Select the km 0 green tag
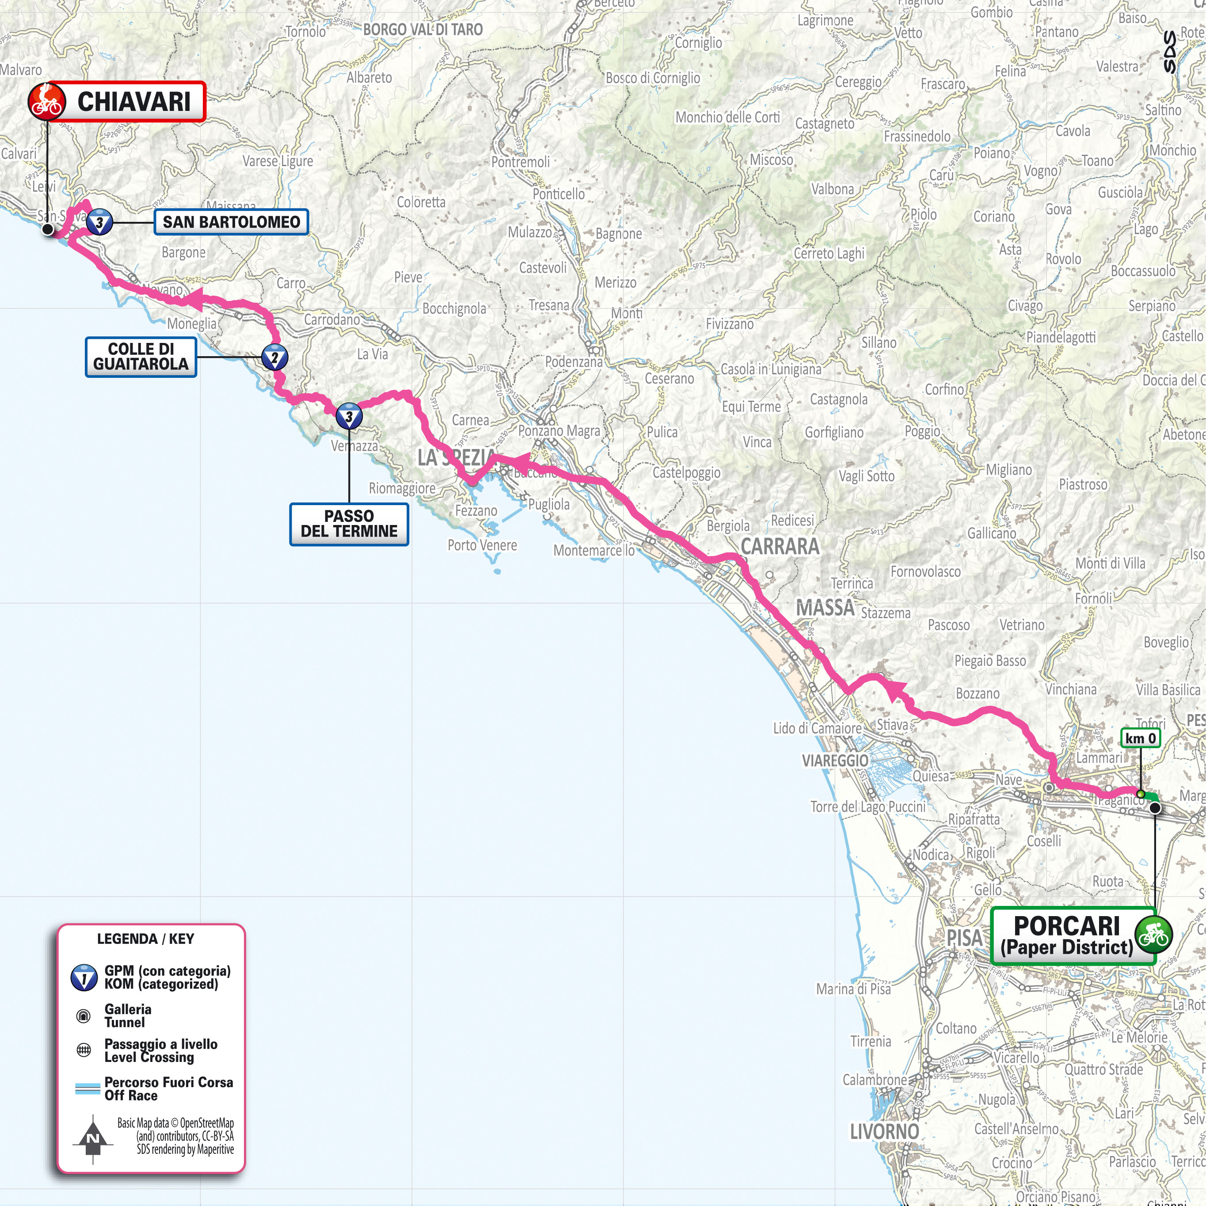point(1140,738)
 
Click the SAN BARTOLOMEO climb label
point(231,221)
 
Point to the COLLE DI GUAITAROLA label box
point(141,357)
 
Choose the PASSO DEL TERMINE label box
point(349,524)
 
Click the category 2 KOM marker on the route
point(274,358)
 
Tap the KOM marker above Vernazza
point(349,416)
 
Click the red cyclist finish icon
point(47,101)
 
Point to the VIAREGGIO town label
point(835,760)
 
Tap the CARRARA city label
point(780,546)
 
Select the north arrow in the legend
point(93,1139)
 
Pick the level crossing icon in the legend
point(83,1050)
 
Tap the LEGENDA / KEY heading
point(145,939)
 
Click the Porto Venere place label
point(482,545)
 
